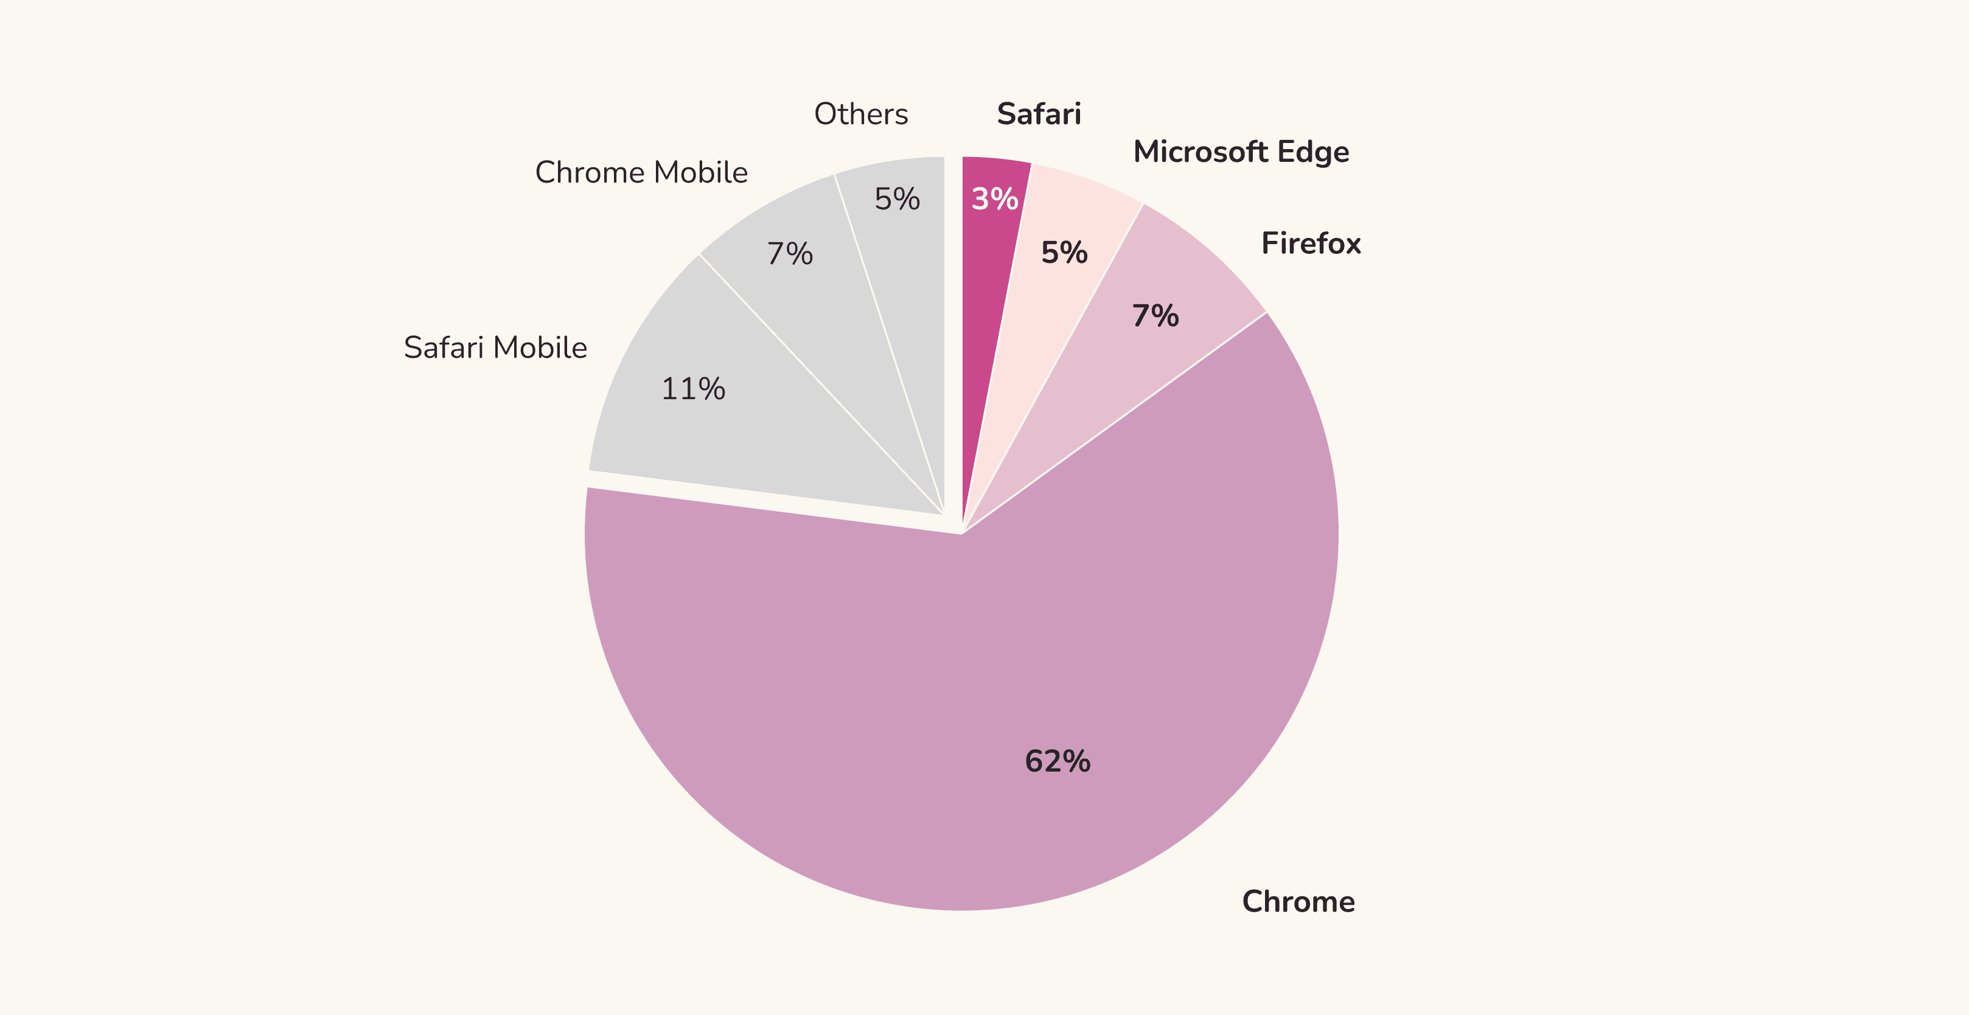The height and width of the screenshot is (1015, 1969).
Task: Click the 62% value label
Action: click(x=1057, y=761)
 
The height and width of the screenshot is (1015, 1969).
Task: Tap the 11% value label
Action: click(x=692, y=389)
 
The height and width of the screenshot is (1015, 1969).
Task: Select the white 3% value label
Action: click(x=994, y=200)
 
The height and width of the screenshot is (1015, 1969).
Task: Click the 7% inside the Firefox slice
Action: click(x=1155, y=316)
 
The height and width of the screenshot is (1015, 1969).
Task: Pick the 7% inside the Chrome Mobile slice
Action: click(x=790, y=254)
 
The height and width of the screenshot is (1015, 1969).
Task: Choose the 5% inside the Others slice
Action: click(x=897, y=200)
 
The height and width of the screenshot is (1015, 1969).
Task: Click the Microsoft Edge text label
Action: click(x=1241, y=152)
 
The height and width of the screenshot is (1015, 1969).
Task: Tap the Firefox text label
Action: click(x=1311, y=244)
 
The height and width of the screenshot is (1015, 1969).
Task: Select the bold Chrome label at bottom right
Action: click(x=1298, y=902)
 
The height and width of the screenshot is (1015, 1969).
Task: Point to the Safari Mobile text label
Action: click(x=495, y=347)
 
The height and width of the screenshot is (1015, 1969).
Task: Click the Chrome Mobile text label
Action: click(x=641, y=173)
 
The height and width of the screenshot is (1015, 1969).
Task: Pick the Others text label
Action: click(x=860, y=114)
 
